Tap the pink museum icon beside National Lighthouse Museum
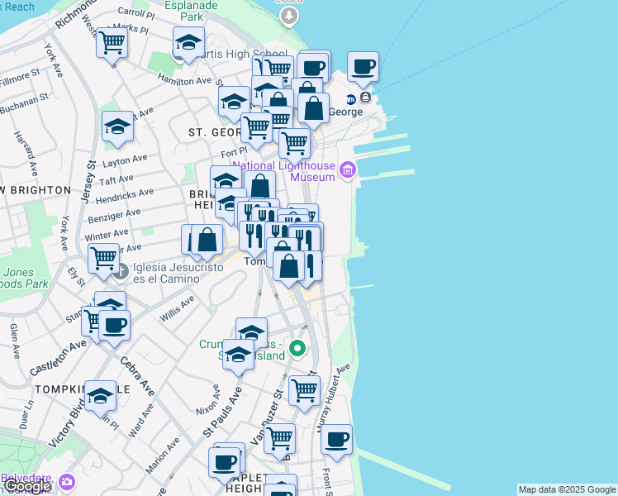348,171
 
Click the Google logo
26,486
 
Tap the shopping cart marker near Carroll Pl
112,42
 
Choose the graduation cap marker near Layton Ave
118,126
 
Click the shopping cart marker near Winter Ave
104,258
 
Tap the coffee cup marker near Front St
336,440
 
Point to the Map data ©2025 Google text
567,489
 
